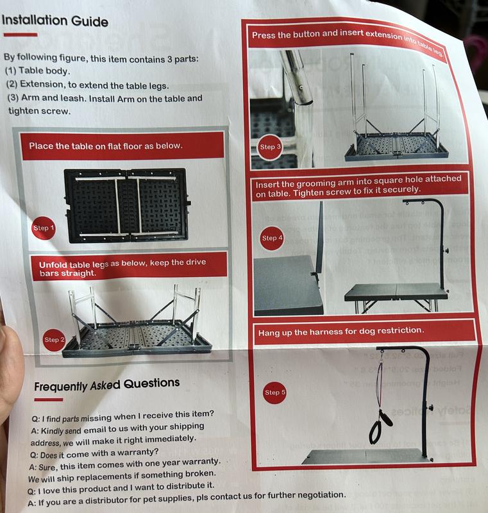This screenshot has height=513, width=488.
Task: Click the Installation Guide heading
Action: pos(55,21)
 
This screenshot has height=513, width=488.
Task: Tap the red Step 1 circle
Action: pos(44,228)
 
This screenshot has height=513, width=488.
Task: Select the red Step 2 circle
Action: pos(55,339)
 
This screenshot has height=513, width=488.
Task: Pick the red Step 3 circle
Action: pos(270,147)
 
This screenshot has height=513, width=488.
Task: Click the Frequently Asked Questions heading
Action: pos(106,385)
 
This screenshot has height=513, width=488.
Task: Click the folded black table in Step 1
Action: pos(126,204)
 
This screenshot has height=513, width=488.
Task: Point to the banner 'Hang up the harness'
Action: pos(340,332)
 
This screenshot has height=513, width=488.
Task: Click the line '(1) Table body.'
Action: pos(38,71)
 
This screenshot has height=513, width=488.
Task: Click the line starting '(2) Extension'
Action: pos(87,85)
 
